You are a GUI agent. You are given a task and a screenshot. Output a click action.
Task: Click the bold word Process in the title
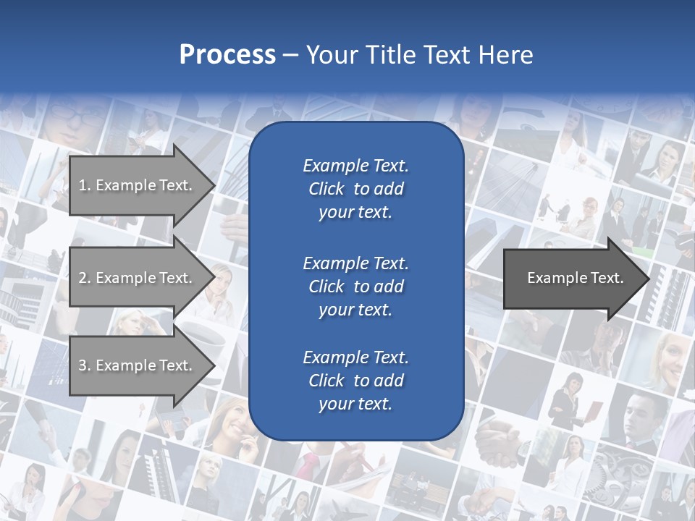(x=227, y=55)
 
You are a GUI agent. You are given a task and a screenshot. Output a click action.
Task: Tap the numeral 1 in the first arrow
(x=83, y=185)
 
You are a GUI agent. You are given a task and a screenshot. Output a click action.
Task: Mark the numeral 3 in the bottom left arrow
(x=83, y=365)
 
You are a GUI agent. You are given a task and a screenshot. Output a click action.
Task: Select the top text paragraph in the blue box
(x=355, y=189)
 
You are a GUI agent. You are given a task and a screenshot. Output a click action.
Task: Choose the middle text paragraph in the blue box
(x=355, y=286)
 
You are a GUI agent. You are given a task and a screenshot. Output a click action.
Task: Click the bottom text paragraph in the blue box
(x=355, y=381)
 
